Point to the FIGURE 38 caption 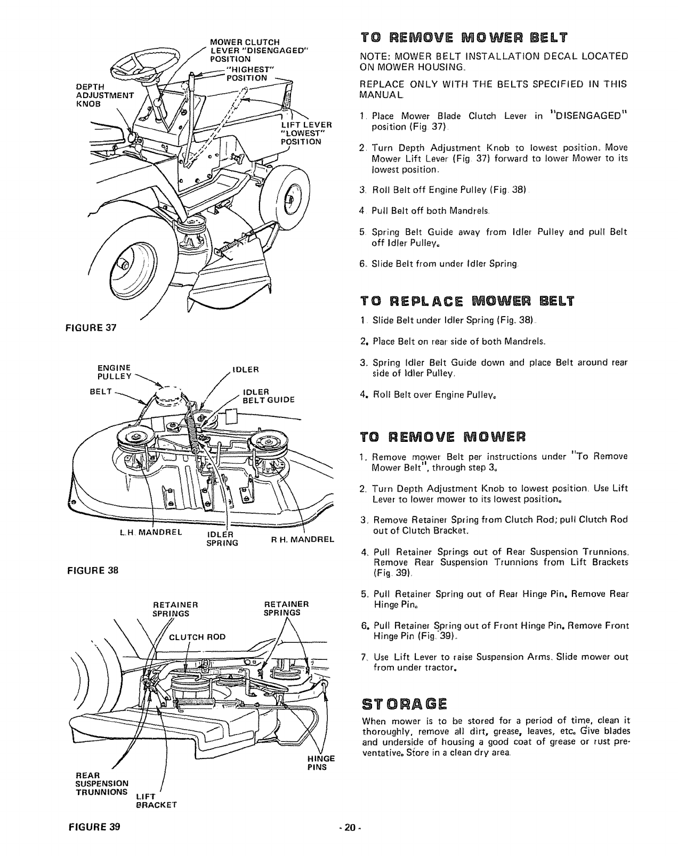coord(92,570)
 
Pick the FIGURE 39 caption coord(94,828)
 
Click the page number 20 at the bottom coord(350,828)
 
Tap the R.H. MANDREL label coord(302,539)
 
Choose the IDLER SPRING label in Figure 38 coord(222,539)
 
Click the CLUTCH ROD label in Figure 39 coord(197,637)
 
